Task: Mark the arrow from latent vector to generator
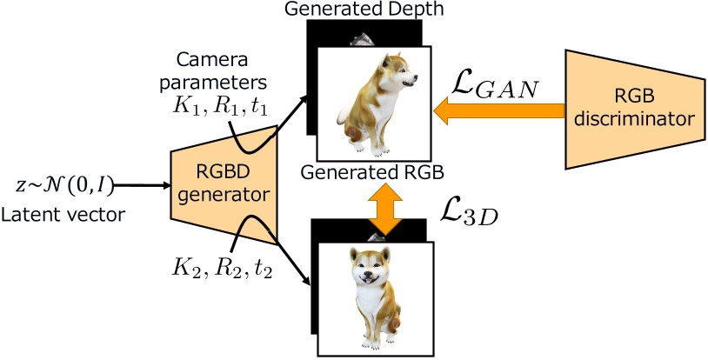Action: tap(139, 185)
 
